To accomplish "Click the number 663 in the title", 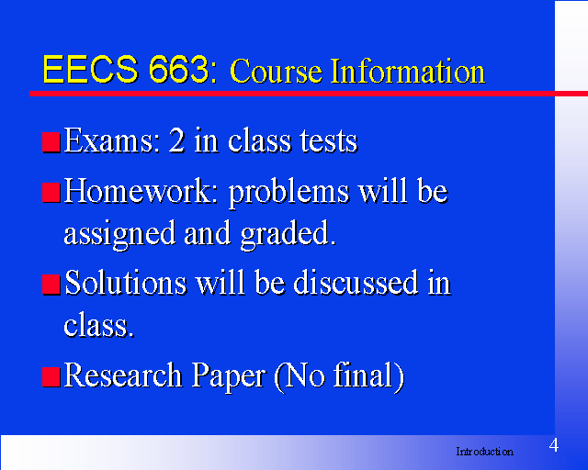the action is (178, 70).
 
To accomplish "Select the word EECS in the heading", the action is (90, 70).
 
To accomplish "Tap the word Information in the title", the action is (408, 72).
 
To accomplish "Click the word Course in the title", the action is (276, 72).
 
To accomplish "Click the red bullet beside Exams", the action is (51, 142).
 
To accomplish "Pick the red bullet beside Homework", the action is (51, 193).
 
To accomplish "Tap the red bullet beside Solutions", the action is (51, 285).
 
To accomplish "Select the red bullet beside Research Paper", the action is (51, 377).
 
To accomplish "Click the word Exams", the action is (109, 140).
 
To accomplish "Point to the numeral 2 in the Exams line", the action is (176, 140).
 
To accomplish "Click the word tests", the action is (329, 141).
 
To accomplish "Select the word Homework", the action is (141, 191).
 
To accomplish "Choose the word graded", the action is (288, 235).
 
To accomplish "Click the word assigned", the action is (119, 235).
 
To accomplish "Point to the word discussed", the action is (356, 283).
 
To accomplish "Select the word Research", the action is (123, 375).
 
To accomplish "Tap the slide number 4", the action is (554, 445).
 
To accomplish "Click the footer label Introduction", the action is (484, 452).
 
